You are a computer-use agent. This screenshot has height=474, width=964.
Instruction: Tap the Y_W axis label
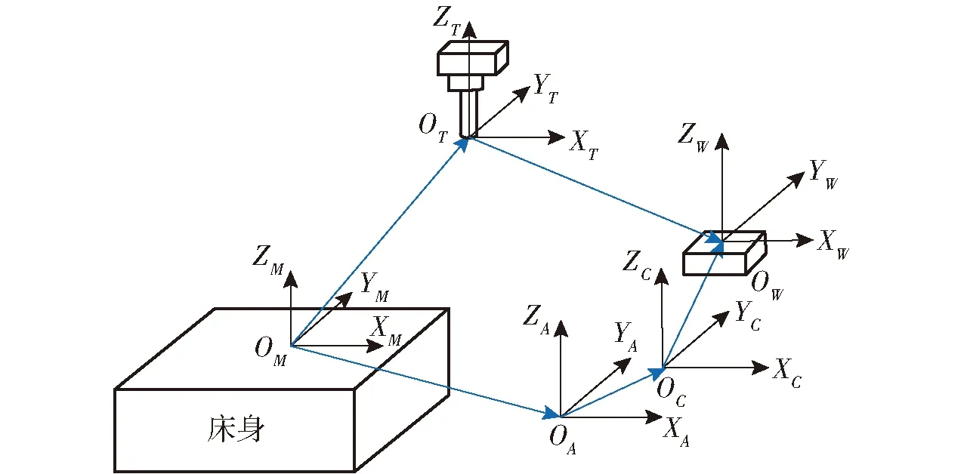[823, 173]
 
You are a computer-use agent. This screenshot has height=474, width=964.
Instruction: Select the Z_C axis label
[635, 265]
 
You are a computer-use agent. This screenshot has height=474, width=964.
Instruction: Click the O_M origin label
[270, 351]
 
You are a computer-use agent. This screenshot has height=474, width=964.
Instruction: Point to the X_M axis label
[386, 329]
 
